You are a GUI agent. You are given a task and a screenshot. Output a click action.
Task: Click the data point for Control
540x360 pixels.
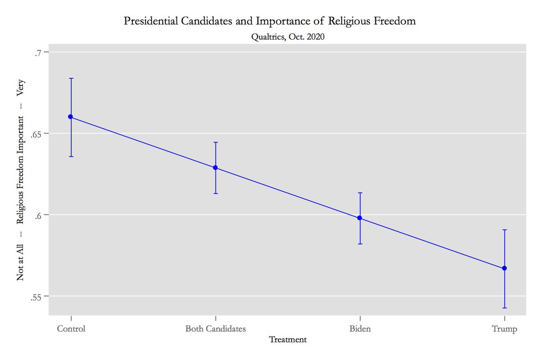coord(71,117)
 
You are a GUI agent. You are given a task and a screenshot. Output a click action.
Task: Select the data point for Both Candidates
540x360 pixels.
coord(215,168)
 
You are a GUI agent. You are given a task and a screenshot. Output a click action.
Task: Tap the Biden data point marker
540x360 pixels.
coord(360,218)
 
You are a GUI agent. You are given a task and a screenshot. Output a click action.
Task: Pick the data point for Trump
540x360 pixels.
coord(504,268)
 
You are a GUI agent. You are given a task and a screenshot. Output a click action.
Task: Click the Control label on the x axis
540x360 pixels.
coord(71,329)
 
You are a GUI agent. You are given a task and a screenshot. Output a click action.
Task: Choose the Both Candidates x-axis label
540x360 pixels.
coord(216,329)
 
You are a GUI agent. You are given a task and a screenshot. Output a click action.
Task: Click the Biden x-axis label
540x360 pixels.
coord(360,329)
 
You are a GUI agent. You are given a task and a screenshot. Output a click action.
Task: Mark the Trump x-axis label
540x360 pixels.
coord(504,329)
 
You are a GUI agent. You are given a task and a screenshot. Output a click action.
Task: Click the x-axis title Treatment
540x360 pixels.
coord(288,340)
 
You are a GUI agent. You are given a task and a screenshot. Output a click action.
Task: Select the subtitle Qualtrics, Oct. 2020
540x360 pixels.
coord(288,37)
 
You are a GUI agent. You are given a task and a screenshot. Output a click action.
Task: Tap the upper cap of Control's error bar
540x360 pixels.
coord(71,78)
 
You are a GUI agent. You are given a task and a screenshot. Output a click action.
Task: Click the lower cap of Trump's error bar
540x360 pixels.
coord(504,308)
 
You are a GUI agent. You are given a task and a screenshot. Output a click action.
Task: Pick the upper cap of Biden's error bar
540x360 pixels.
coord(360,193)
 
